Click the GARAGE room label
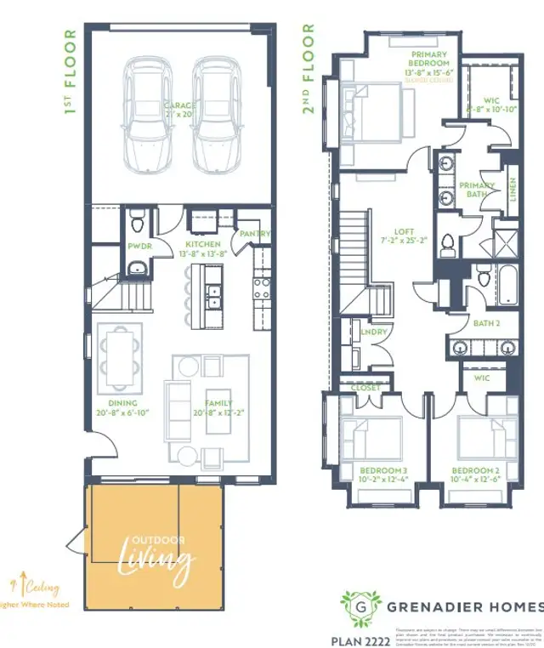[180, 107]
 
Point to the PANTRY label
[255, 234]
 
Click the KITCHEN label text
[203, 244]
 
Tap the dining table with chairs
[118, 355]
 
